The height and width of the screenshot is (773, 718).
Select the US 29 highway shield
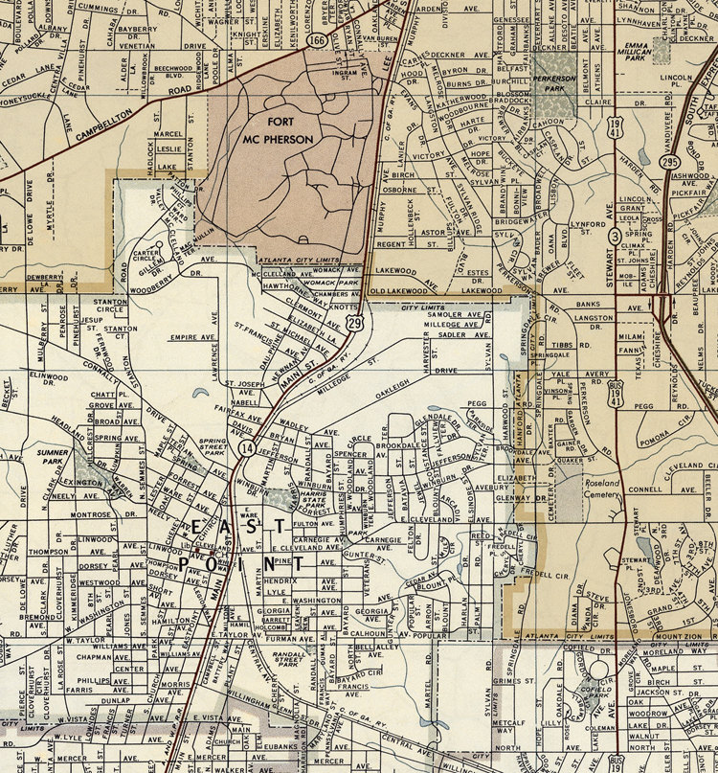pos(354,325)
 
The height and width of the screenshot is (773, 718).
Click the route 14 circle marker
pos(247,448)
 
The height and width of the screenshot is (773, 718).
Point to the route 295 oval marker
pos(668,163)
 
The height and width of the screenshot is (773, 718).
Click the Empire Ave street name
pos(191,337)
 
